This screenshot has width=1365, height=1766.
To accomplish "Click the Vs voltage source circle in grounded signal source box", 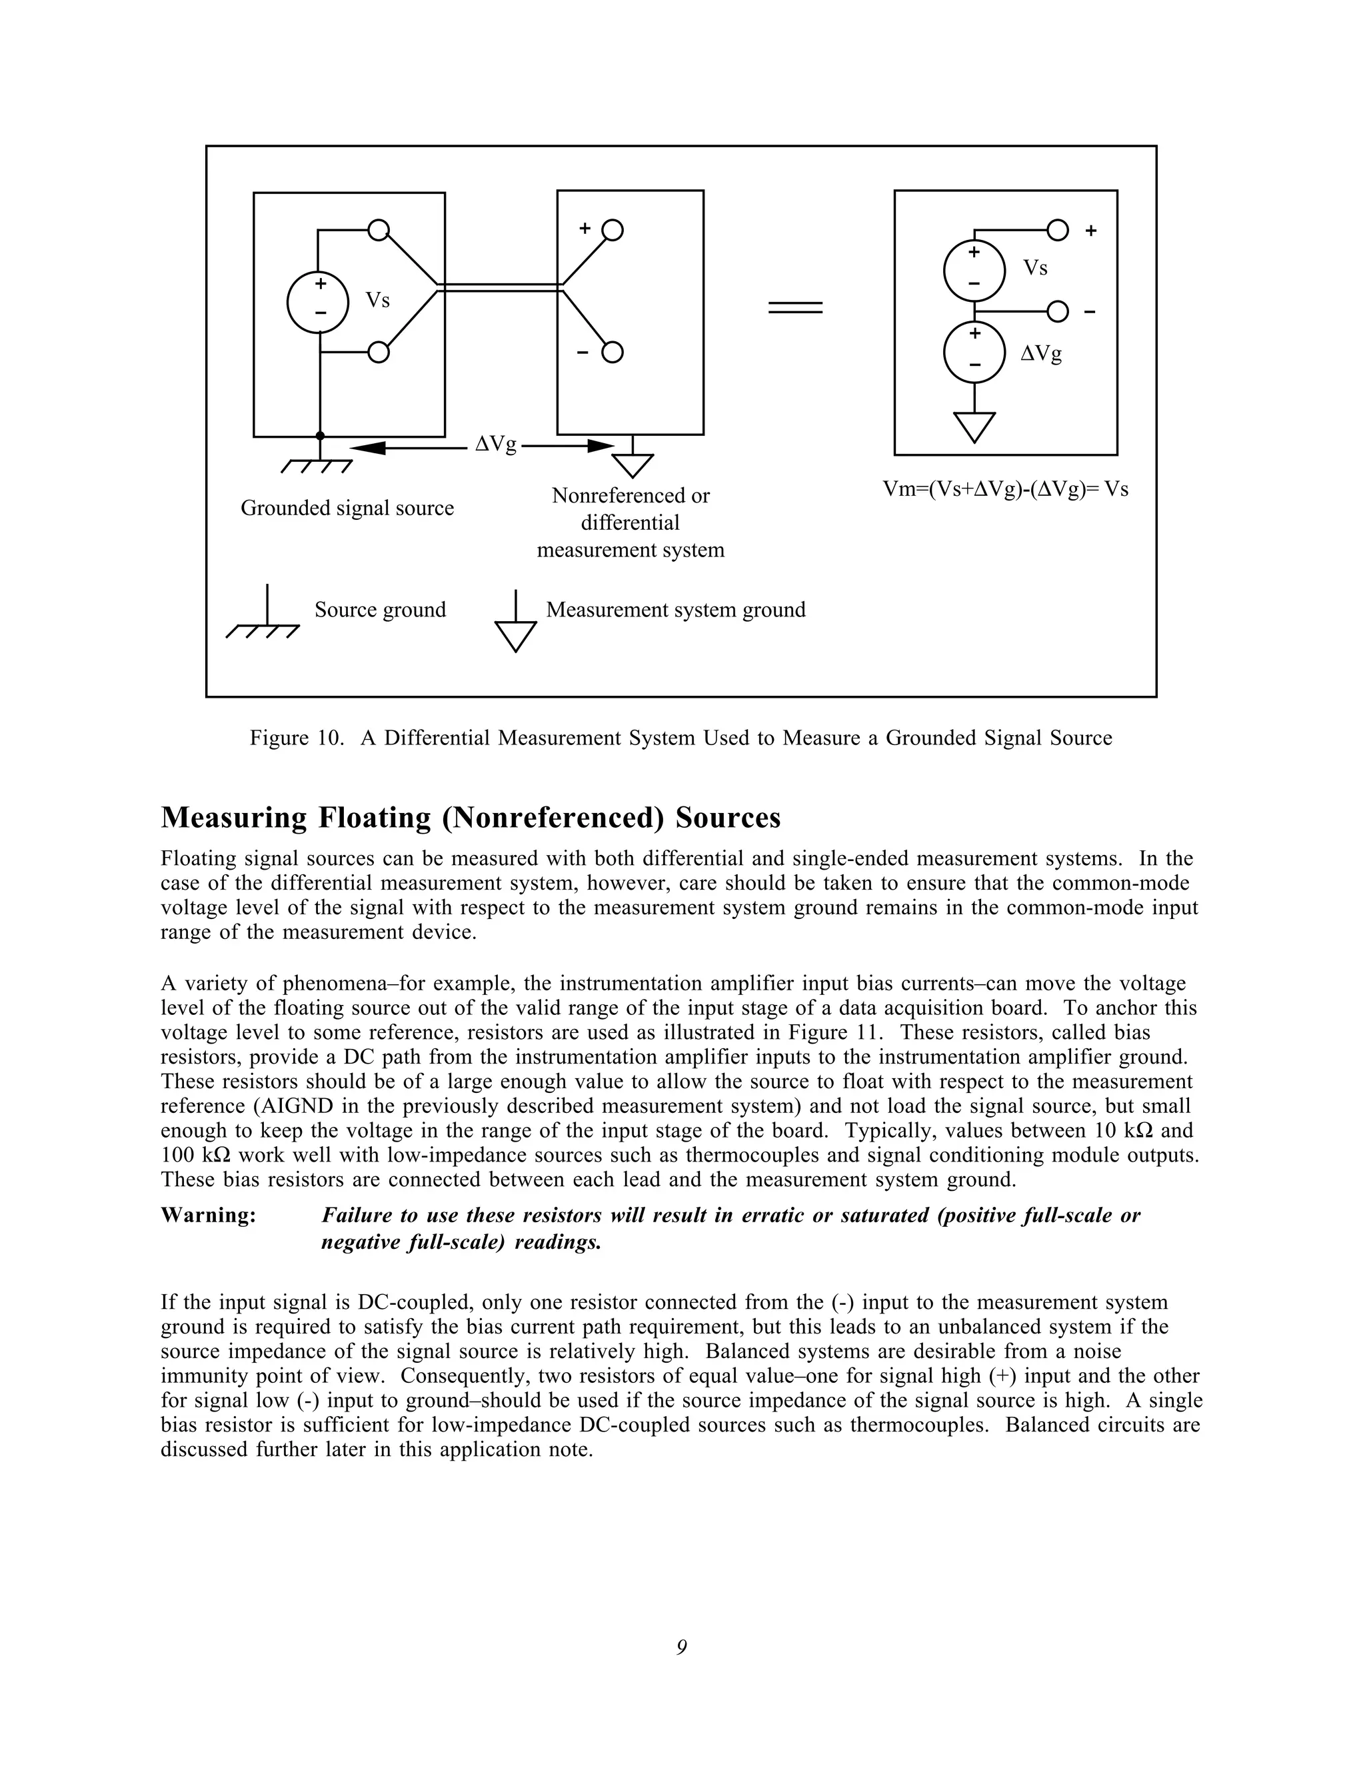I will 318,302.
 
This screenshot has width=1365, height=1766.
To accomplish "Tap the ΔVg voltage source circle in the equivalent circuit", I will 974,352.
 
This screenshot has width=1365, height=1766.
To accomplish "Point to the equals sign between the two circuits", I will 795,307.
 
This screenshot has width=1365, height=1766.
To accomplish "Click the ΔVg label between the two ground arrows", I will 495,444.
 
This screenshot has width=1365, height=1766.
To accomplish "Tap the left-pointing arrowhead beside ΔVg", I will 369,447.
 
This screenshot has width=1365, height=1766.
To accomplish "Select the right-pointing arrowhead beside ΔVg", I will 600,446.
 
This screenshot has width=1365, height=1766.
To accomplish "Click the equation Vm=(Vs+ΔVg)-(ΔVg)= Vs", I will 1005,489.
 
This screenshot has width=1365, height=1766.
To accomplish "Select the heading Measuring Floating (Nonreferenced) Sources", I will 471,818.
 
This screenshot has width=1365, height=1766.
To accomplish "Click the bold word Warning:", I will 208,1216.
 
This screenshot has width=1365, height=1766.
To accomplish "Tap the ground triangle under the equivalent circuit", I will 974,425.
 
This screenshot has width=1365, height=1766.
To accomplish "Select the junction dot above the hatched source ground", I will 320,436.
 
